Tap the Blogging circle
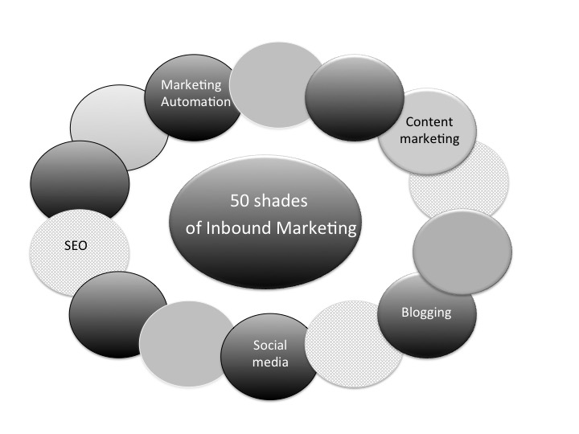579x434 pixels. (x=426, y=313)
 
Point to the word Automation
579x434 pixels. (x=197, y=102)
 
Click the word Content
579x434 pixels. (x=430, y=122)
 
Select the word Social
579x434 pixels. (x=270, y=345)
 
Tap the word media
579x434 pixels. (x=270, y=362)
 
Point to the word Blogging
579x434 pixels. (x=426, y=312)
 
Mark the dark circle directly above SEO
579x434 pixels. (x=78, y=180)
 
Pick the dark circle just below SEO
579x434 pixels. (x=117, y=309)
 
